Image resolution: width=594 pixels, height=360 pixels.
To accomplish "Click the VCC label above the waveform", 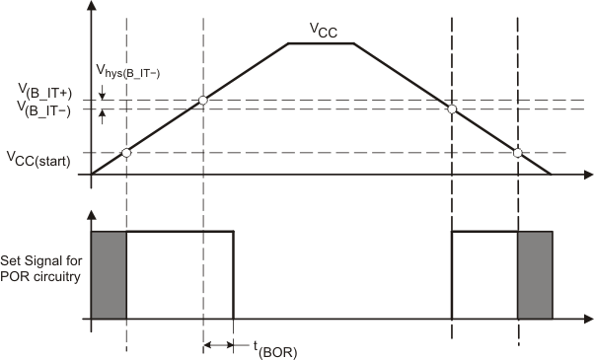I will point(323,32).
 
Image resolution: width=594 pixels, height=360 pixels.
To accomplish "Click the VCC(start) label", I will point(38,157).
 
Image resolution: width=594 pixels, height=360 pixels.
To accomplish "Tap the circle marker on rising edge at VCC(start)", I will point(125,152).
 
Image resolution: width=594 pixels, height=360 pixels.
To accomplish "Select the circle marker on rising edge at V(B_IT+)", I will point(202,100).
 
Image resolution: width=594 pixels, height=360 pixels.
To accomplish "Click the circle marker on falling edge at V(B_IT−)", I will point(452,108).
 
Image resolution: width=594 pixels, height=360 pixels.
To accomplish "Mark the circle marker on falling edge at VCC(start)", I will point(517,152).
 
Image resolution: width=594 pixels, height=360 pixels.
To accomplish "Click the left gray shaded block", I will point(109,275).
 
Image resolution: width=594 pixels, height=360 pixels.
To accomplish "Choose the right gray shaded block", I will point(534,275).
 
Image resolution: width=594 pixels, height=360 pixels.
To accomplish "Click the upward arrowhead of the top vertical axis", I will point(92,7).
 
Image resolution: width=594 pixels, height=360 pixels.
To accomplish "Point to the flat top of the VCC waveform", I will point(321,43).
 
